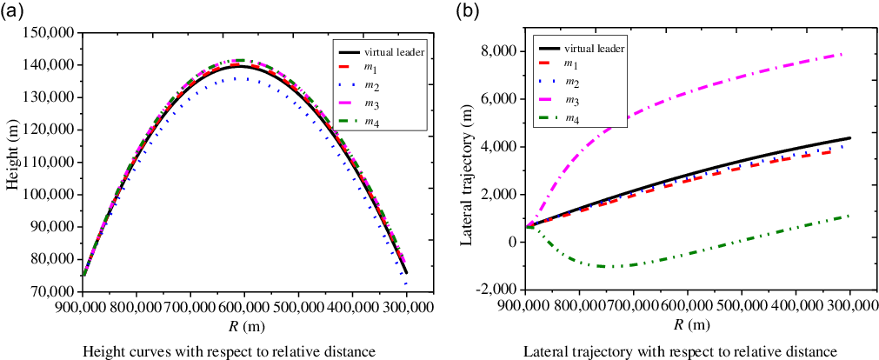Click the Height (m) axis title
point(11,162)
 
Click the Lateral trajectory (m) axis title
point(468,162)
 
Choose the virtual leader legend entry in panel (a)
point(382,53)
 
